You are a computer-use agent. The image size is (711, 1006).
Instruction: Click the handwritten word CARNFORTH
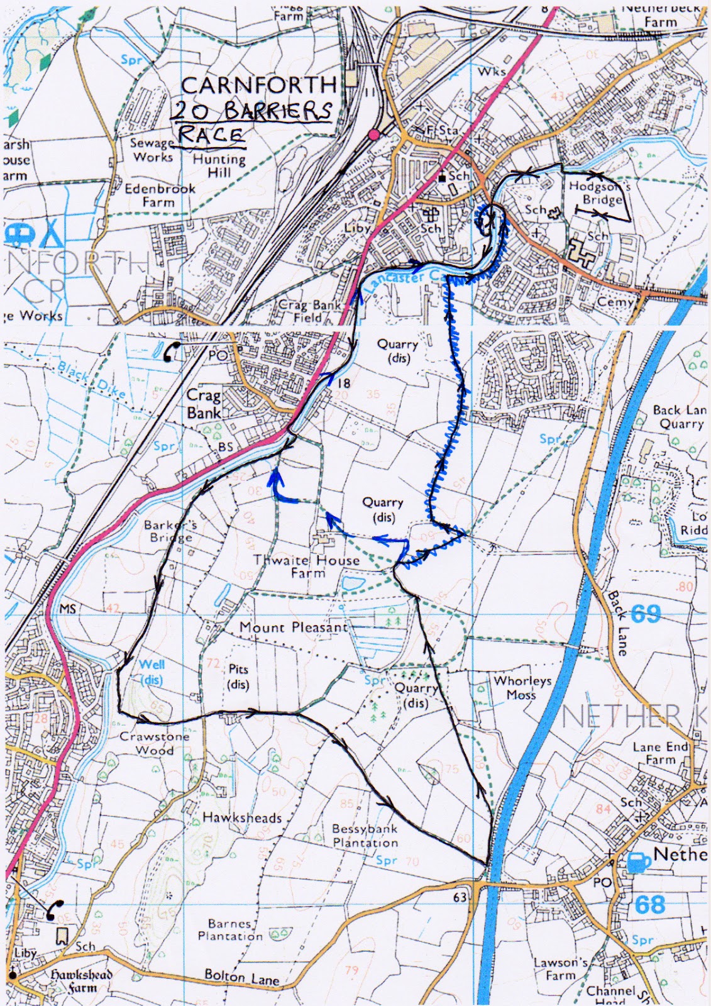tap(258, 85)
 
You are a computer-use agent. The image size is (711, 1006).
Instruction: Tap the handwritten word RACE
tap(211, 134)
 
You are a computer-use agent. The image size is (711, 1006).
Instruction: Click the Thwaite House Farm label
tap(307, 566)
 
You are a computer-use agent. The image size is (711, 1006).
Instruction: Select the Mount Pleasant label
tap(294, 627)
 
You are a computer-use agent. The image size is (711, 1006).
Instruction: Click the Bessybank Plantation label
tap(365, 836)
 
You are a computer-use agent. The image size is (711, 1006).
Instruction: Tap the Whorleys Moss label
tap(522, 687)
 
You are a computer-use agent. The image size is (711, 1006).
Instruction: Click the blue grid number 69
tap(645, 613)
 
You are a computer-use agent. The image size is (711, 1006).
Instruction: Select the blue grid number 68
tap(649, 905)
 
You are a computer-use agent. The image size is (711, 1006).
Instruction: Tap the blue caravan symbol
tap(16, 235)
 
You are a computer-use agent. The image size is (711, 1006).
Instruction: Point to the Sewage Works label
tap(152, 150)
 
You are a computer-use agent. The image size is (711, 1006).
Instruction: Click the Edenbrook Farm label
tap(160, 195)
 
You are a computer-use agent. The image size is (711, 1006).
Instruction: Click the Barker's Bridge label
tap(168, 531)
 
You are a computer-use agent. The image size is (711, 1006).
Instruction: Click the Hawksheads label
tap(242, 817)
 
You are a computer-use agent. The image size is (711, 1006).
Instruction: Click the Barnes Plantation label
tap(231, 929)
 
